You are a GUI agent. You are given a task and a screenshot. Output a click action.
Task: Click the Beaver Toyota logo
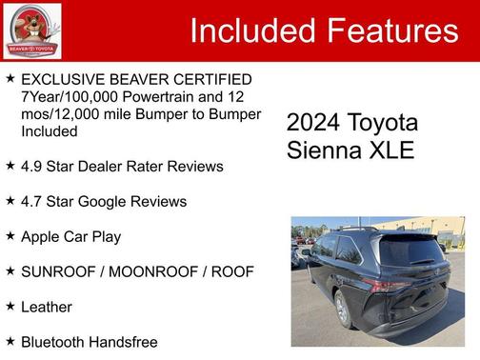pos(32,30)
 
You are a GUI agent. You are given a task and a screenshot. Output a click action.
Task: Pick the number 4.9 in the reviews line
pos(32,167)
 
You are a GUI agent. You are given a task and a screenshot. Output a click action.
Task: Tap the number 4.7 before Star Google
pos(32,202)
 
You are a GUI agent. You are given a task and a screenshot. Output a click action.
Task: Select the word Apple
pos(42,236)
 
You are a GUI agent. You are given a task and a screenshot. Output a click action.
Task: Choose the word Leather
pos(47,307)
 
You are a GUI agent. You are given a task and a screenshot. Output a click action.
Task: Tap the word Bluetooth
pos(55,342)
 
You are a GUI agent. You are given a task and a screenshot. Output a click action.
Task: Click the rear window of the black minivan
pos(411,250)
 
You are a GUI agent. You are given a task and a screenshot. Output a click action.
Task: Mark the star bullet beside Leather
pos(10,306)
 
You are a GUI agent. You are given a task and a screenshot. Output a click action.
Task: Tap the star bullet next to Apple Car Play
pos(10,235)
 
